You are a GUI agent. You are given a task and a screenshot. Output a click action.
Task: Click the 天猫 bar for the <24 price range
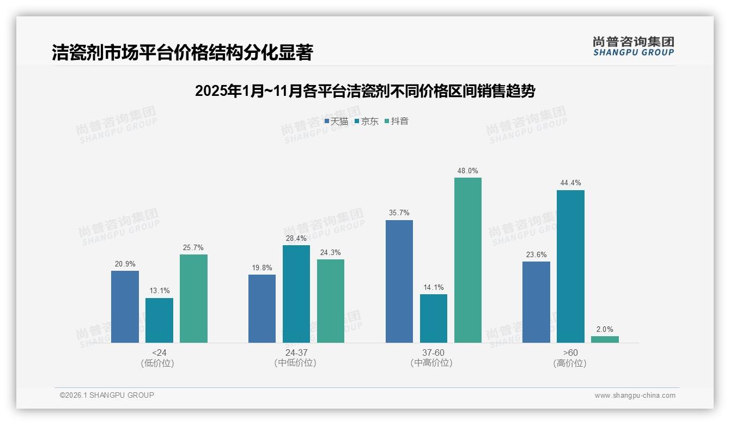click(x=125, y=307)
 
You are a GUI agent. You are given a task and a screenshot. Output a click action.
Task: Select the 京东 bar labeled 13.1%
click(x=159, y=320)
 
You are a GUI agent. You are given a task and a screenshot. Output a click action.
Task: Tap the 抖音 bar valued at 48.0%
click(x=468, y=260)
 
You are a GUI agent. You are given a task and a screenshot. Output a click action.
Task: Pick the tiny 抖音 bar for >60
click(x=605, y=339)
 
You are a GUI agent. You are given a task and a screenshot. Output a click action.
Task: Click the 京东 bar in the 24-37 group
click(x=296, y=294)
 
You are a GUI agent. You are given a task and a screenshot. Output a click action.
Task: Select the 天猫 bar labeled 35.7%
click(x=399, y=281)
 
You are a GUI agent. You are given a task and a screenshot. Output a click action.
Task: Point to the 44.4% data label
click(x=570, y=183)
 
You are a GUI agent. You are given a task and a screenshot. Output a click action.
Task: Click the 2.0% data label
click(x=605, y=329)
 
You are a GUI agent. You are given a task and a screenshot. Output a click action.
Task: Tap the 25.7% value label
click(x=193, y=247)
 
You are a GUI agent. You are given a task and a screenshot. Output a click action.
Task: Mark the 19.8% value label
click(x=262, y=268)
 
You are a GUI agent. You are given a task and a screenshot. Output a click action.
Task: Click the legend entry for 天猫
click(x=336, y=122)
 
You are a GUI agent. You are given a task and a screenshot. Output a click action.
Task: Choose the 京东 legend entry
click(x=366, y=122)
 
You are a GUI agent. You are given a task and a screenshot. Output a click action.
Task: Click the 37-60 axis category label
click(x=433, y=353)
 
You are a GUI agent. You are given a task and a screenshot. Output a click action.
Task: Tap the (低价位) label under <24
click(x=157, y=363)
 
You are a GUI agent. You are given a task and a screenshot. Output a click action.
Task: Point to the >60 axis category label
click(x=570, y=353)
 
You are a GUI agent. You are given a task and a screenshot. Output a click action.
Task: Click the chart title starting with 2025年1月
click(x=365, y=91)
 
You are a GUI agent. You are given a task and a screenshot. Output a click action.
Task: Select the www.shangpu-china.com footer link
click(x=635, y=396)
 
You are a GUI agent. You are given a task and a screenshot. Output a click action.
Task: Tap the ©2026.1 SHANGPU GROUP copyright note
click(x=107, y=395)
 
